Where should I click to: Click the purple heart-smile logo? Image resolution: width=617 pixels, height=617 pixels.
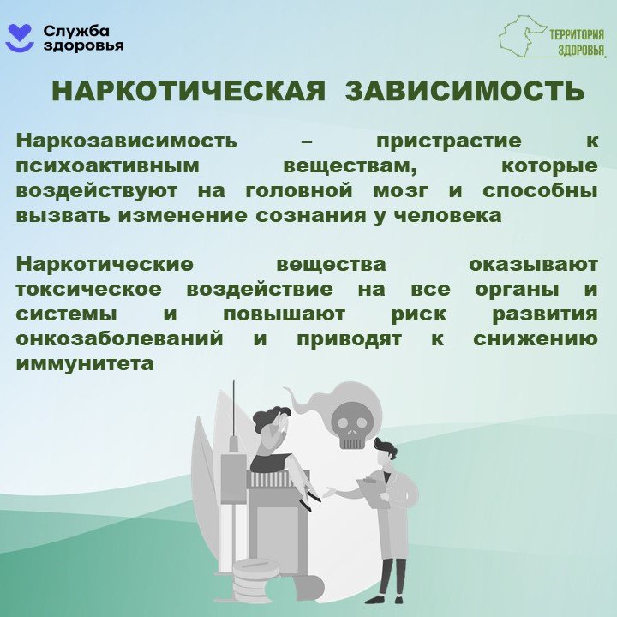pos(20,38)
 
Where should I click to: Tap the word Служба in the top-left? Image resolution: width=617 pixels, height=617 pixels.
pos(71,31)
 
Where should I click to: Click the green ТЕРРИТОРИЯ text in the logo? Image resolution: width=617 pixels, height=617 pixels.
pos(577,35)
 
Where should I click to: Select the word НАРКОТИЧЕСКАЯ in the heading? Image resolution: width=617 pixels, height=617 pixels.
pos(189,92)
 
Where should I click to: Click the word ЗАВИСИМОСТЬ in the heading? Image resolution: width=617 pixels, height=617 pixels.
pos(464,92)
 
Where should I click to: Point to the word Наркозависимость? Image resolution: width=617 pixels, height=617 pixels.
pos(127,141)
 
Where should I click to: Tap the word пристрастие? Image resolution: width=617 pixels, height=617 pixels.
pos(449,141)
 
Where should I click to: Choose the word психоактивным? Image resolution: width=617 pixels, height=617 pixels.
pos(108,166)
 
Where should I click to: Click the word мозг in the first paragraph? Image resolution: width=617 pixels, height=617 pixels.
pos(400,191)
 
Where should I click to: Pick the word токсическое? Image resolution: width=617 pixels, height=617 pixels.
pos(89,290)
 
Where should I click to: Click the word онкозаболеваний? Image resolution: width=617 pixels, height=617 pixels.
pos(120,338)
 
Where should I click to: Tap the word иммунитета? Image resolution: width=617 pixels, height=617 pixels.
pos(85,363)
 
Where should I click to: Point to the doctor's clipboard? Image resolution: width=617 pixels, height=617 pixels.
pos(374,493)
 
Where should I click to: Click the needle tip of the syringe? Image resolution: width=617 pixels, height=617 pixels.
pos(234,380)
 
